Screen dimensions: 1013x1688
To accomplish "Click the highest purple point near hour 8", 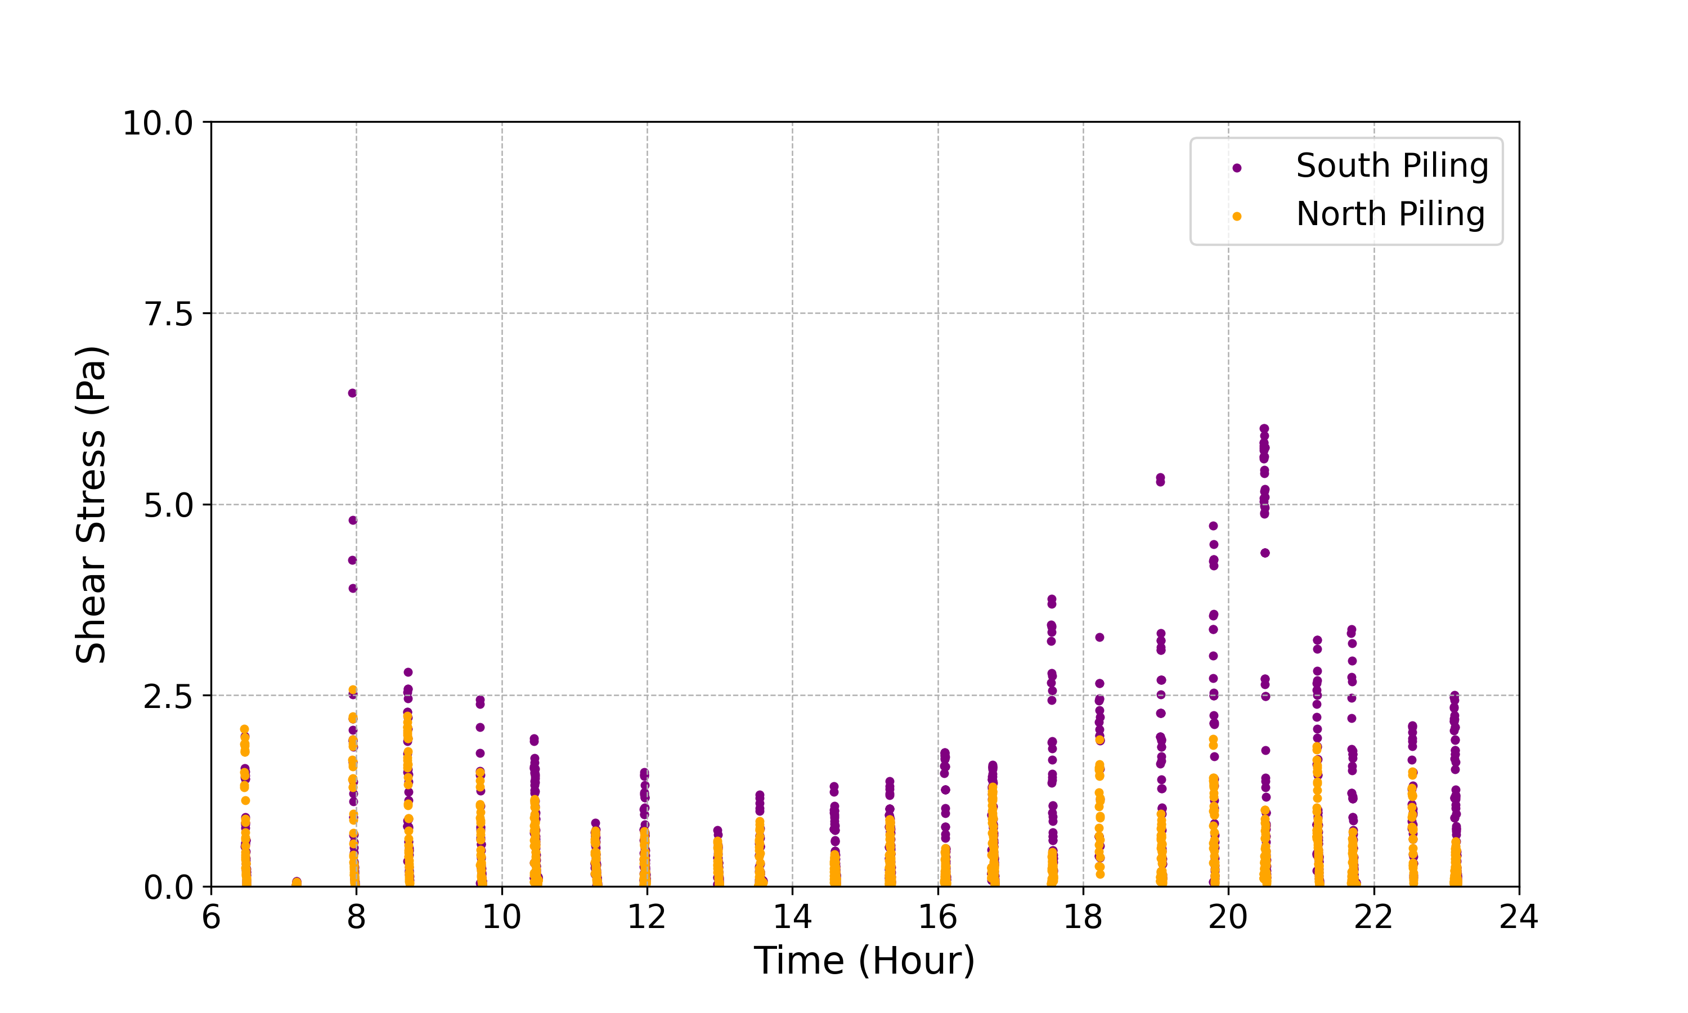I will point(352,393).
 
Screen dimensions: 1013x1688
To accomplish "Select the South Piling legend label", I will point(1392,166).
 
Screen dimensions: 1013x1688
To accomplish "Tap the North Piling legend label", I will point(1390,214).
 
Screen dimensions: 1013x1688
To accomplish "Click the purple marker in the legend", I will point(1237,168).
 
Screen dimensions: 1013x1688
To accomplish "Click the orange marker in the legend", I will point(1237,217).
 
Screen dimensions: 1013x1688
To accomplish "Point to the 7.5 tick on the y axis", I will point(168,315).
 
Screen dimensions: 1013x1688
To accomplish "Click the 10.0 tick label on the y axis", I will point(158,124).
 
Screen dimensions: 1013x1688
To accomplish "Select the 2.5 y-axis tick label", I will point(168,697).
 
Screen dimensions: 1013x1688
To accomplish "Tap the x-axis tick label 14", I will point(792,917).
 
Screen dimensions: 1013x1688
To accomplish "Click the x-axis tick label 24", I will point(1519,917).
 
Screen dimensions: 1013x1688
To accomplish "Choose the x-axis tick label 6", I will point(212,917).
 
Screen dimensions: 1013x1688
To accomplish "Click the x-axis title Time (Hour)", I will point(864,961).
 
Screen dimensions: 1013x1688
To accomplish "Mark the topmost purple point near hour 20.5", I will point(1264,429).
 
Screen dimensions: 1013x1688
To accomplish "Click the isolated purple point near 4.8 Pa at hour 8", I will point(353,520).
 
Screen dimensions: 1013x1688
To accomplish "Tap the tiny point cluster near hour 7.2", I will point(296,882).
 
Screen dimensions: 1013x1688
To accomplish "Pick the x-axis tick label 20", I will point(1228,917).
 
